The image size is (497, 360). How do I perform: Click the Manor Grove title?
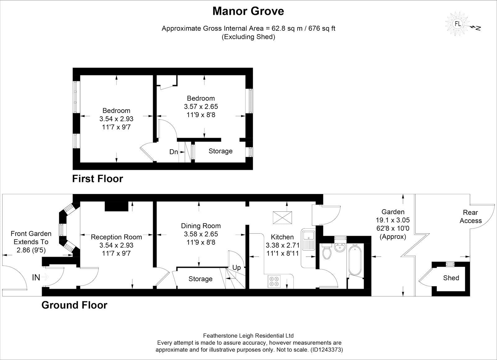click(x=248, y=11)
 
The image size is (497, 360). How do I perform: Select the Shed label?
click(x=451, y=278)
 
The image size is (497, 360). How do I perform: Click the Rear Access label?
click(x=470, y=217)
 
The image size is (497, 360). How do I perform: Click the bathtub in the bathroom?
click(x=355, y=259)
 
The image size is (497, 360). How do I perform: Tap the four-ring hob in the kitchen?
click(x=274, y=281)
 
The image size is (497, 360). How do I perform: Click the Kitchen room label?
click(x=282, y=237)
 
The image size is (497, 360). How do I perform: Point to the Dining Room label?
click(x=201, y=226)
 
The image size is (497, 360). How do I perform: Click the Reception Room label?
click(x=116, y=237)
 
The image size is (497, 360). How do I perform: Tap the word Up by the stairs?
click(x=236, y=268)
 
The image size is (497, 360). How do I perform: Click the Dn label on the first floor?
click(x=174, y=152)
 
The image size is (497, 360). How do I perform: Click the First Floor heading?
click(x=98, y=179)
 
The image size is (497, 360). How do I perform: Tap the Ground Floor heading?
click(x=74, y=305)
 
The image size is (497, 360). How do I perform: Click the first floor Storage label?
click(x=220, y=151)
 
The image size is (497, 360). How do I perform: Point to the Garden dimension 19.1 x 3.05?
click(x=393, y=220)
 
